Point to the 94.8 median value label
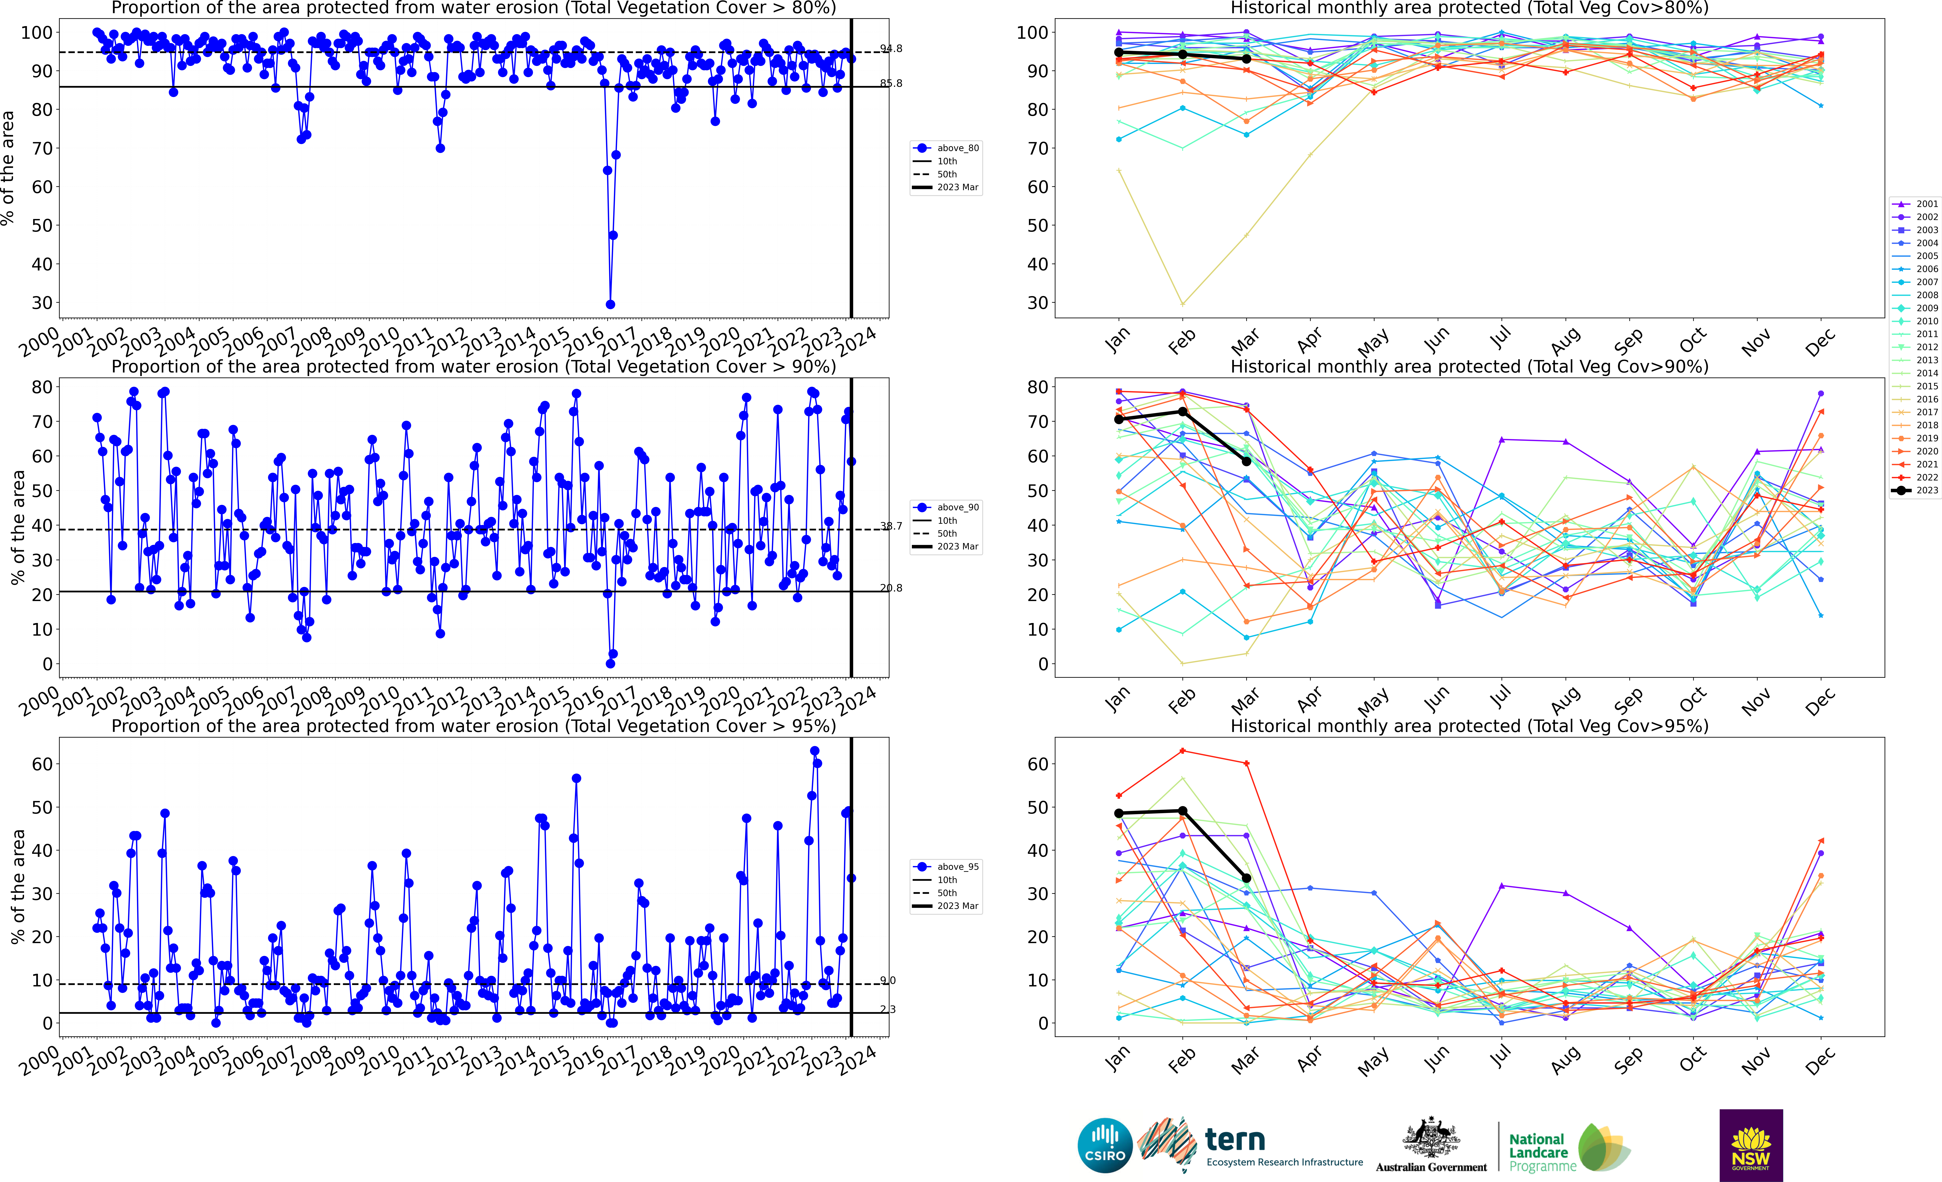click(891, 49)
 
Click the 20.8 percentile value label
click(891, 588)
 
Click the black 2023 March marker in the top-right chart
click(1246, 59)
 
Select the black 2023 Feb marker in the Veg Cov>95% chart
click(1182, 811)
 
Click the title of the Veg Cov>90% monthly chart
click(1469, 367)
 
